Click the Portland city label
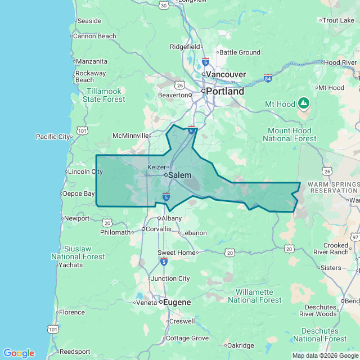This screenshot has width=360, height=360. [225, 91]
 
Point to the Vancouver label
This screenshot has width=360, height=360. [226, 74]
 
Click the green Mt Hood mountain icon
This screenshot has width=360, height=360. [304, 103]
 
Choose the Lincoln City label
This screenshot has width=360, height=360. [84, 172]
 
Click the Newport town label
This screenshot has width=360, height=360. [76, 218]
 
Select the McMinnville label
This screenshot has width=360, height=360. [131, 136]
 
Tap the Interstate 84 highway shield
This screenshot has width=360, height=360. [268, 78]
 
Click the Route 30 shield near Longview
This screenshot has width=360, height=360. [163, 5]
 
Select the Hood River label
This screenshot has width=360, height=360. [340, 62]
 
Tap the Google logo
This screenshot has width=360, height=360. [19, 353]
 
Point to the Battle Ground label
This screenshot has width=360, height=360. [240, 52]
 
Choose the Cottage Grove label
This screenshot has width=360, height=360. [187, 338]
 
